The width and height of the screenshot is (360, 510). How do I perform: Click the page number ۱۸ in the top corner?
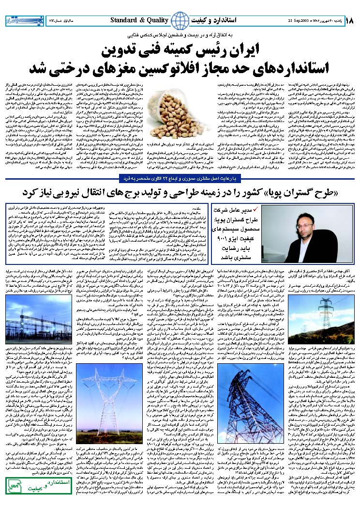tap(350, 21)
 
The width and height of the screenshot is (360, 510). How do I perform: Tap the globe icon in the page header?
tap(180, 20)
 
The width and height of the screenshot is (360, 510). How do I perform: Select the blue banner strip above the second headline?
tap(180, 181)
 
